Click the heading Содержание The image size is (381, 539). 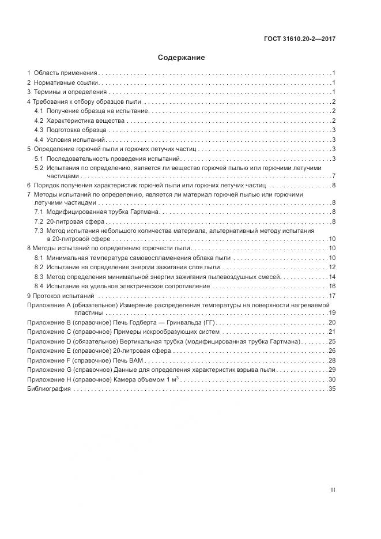point(181,58)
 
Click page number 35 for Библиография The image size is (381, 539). point(332,389)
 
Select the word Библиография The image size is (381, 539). point(49,389)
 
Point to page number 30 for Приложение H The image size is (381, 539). point(332,379)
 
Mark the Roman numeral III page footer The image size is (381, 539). point(333,490)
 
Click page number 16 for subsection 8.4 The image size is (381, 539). point(332,287)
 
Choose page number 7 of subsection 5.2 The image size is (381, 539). point(334,176)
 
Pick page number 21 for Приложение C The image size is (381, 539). point(332,332)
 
